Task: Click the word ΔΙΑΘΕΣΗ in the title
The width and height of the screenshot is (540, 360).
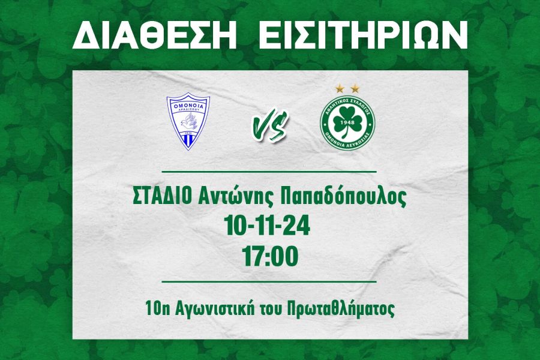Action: click(154, 35)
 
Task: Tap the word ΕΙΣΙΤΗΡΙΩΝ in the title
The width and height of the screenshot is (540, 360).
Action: click(363, 35)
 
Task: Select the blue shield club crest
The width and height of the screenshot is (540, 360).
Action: click(188, 121)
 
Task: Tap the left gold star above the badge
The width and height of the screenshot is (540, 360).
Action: click(340, 89)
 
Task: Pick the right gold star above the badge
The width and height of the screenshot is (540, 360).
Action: click(355, 89)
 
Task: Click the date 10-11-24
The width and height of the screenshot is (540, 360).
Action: click(267, 226)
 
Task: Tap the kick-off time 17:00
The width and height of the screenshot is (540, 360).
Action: click(270, 257)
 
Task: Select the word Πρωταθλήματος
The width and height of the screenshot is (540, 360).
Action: click(340, 309)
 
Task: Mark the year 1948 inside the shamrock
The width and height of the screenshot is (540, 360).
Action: click(347, 122)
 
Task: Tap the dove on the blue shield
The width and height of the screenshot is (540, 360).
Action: click(188, 121)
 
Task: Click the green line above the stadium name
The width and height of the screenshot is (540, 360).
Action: click(269, 171)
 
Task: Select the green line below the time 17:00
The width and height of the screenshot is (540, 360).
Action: click(269, 281)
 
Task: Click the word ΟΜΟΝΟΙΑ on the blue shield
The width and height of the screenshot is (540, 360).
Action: click(188, 106)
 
